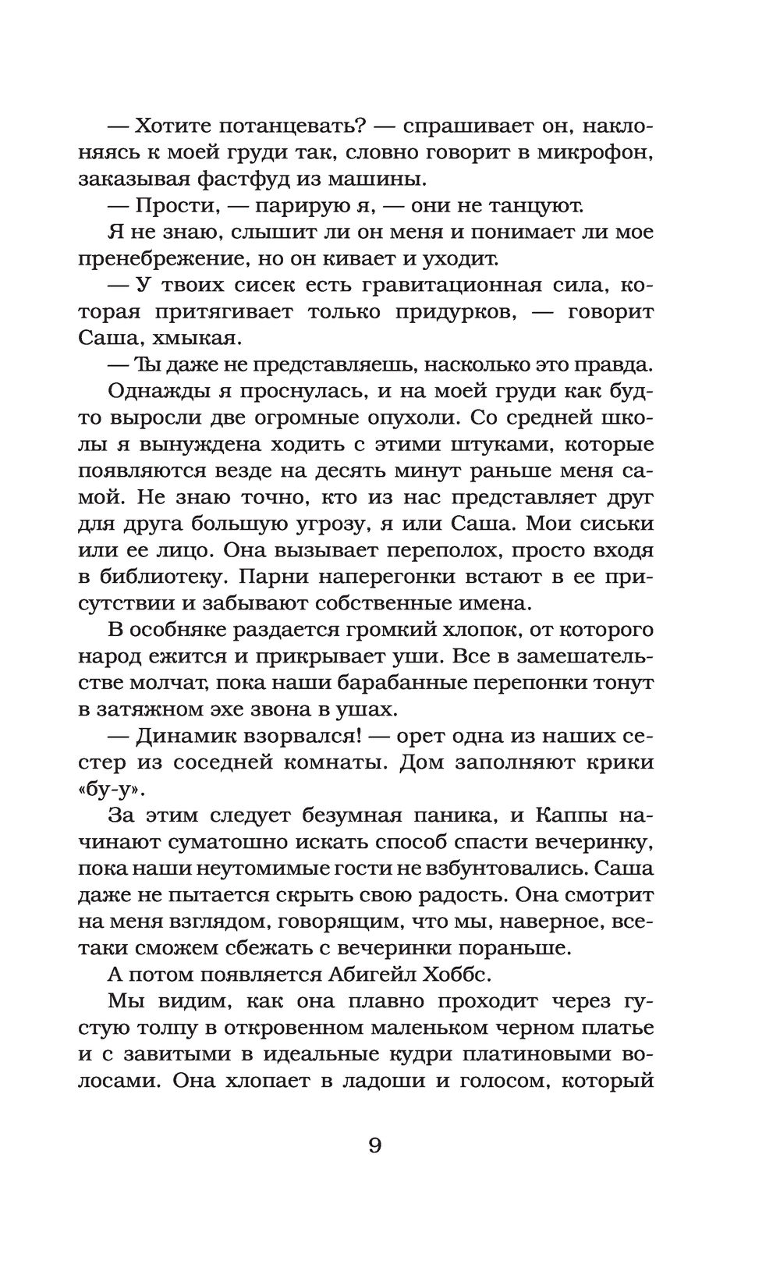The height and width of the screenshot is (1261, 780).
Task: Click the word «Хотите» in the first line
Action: click(172, 125)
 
